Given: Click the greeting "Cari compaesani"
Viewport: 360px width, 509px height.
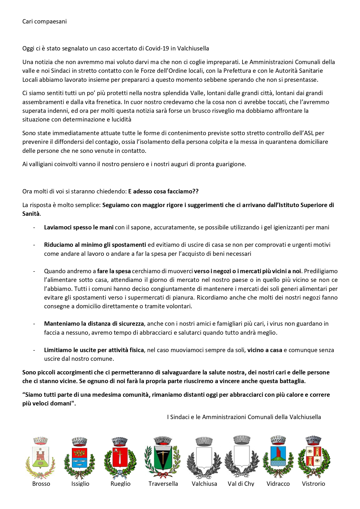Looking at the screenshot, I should (44, 21).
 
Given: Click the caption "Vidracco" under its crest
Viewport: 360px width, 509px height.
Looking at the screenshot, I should (278, 484).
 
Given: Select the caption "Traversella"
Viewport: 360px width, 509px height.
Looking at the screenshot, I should (163, 484).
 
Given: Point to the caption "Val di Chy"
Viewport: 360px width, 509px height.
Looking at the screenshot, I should (241, 484).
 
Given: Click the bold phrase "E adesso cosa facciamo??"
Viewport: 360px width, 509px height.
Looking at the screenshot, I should (163, 191).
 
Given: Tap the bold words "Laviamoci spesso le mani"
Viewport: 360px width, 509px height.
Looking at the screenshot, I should (79, 227).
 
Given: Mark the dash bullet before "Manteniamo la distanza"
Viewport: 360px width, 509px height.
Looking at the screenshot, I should (34, 324).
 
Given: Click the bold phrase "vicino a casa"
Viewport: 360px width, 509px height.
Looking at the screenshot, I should (265, 350).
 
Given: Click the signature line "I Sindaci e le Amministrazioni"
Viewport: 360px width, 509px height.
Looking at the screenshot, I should (244, 417).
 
